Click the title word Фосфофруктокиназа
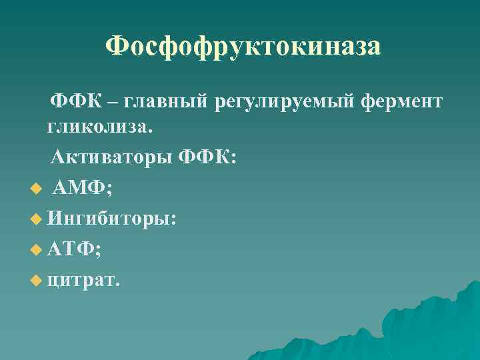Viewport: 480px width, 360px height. [x=243, y=47]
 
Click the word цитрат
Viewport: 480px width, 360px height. [x=81, y=280]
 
